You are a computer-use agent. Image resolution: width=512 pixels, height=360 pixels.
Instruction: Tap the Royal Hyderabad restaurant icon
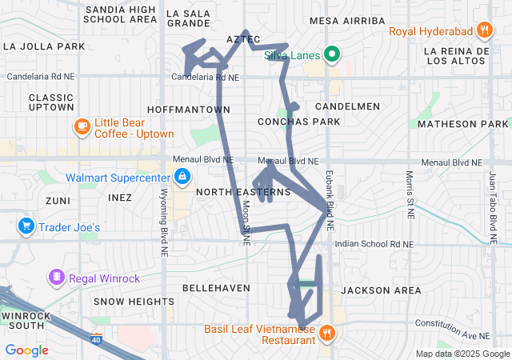click(x=484, y=32)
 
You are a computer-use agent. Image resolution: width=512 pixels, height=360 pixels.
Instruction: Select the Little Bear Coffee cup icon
click(x=82, y=126)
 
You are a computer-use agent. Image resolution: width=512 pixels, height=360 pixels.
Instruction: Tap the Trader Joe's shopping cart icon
click(x=26, y=227)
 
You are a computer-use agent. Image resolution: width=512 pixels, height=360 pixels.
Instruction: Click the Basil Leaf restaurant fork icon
click(x=327, y=334)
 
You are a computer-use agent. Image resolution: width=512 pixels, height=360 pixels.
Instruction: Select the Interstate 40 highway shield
click(x=96, y=339)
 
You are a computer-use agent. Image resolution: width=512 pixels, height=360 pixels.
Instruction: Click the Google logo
click(x=26, y=350)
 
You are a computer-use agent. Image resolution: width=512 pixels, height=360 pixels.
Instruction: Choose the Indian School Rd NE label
click(x=374, y=243)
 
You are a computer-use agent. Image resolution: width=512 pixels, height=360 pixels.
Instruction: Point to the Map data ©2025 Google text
click(x=462, y=354)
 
